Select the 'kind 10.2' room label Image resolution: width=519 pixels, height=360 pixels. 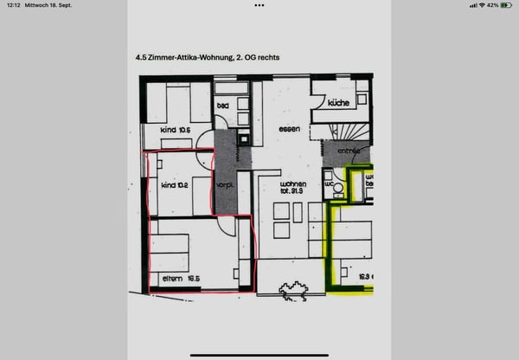pos(174,184)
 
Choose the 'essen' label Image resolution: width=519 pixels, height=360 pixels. pos(288,130)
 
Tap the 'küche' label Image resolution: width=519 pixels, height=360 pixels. pos(336,104)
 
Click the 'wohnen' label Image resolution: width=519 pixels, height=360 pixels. pos(294,184)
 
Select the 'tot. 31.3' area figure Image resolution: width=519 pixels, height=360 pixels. pos(294,193)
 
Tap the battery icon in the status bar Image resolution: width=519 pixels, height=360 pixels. pos(506,5)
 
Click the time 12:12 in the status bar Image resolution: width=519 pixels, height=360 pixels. pos(11,5)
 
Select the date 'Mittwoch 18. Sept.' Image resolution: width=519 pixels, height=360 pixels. pos(49,5)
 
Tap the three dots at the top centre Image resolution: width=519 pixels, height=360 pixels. pos(259,5)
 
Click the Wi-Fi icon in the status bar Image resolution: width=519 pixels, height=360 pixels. pos(482,5)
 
